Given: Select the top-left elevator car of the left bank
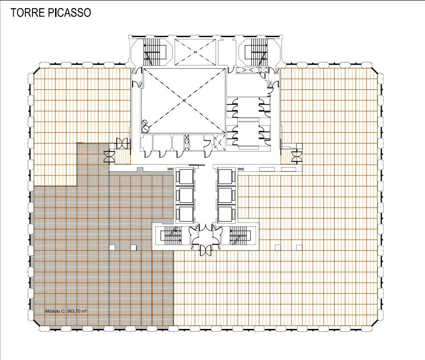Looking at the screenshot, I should pos(184,176).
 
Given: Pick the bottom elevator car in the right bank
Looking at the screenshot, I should pos(226,213).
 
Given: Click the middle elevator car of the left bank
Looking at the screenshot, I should pos(184,195).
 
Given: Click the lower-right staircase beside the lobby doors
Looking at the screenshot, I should pos(239,235).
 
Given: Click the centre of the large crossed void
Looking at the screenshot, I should pos(183,100).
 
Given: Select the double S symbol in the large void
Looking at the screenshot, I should pos(145,126).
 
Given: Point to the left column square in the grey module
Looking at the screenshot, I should pos(112,247).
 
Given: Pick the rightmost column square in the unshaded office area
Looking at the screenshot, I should pos(299,247).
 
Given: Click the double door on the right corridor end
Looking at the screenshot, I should pos(297,154).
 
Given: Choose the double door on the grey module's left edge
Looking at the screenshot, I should pos(108,154).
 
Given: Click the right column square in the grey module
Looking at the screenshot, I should pos(134,247).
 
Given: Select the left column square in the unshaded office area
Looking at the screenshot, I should pos(278,247).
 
